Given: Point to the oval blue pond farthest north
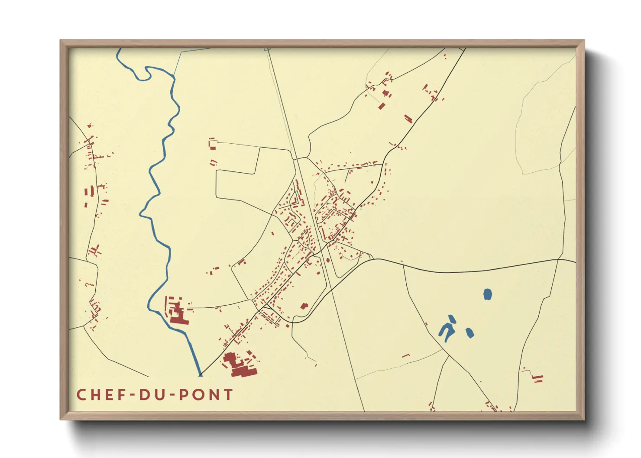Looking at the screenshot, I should (488, 294).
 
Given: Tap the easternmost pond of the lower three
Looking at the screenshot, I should (469, 333).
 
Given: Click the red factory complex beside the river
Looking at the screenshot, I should (177, 311).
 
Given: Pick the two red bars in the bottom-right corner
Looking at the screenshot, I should (537, 379).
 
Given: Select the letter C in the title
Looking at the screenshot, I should (81, 395).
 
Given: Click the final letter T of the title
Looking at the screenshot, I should (228, 395).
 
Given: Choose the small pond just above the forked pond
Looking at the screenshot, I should (452, 319).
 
